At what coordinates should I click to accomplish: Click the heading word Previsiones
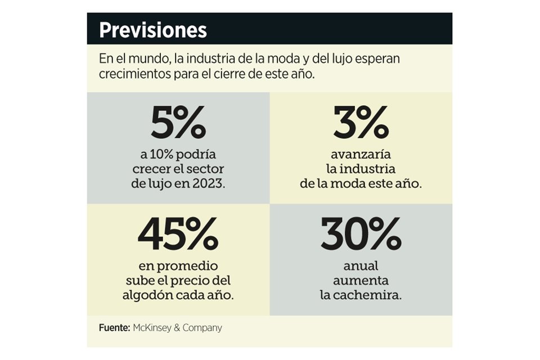click(x=152, y=30)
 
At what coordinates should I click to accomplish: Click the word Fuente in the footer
click(x=114, y=327)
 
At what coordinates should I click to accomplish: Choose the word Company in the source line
click(x=203, y=327)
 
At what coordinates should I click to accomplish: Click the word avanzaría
click(x=361, y=154)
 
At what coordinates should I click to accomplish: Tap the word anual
click(x=361, y=265)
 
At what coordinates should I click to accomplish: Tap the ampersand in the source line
click(x=179, y=327)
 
